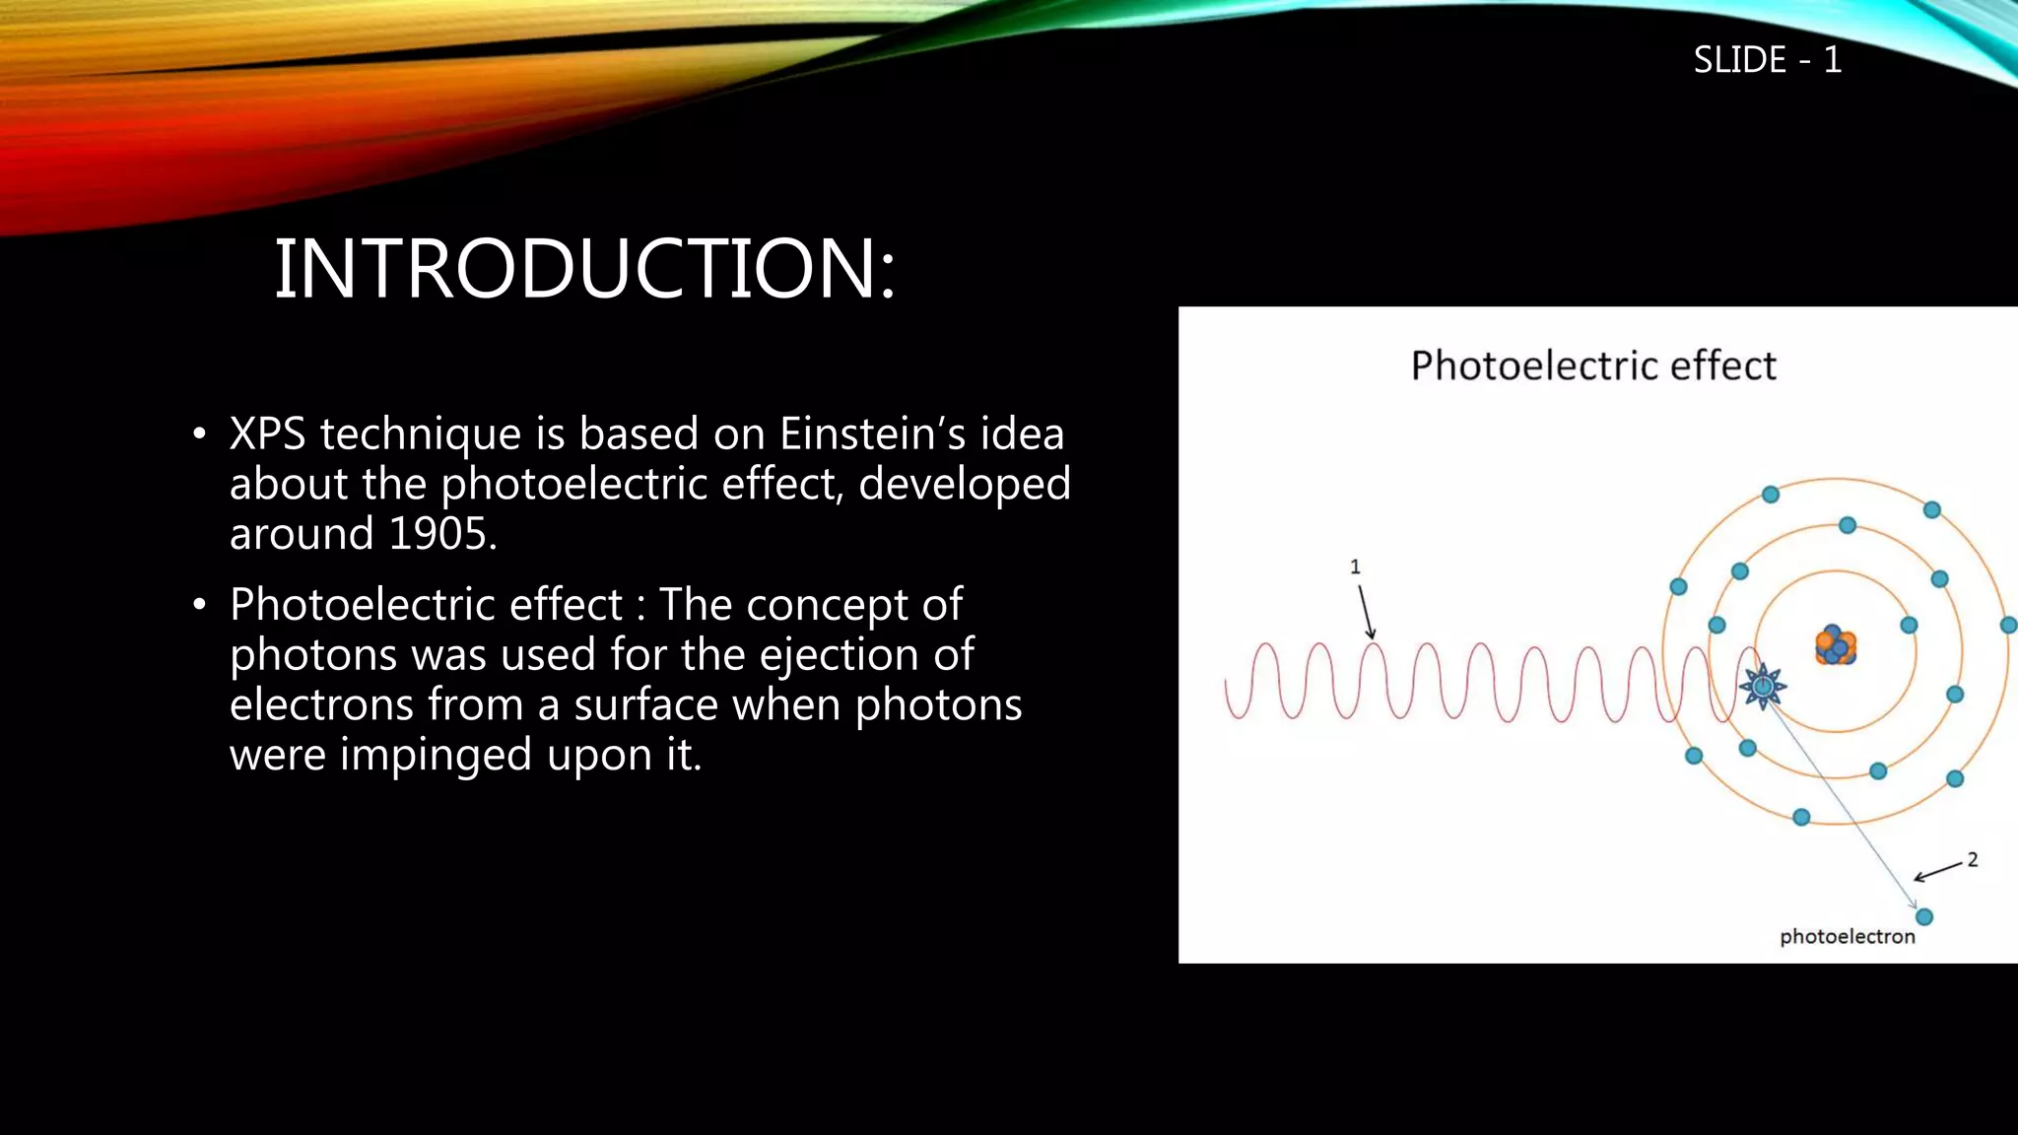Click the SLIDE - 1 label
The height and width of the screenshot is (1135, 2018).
click(1767, 60)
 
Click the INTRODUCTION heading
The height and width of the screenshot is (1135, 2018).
click(583, 269)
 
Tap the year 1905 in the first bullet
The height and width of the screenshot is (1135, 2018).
click(438, 534)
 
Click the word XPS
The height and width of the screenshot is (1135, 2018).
click(267, 434)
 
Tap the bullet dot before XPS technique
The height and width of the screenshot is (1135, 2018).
click(200, 434)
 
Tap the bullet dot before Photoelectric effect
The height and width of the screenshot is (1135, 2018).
click(200, 605)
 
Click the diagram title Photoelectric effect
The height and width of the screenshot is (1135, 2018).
click(1592, 366)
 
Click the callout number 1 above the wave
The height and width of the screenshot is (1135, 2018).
click(1355, 567)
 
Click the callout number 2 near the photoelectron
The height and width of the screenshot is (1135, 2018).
click(1972, 859)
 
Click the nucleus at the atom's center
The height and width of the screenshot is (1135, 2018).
click(1835, 646)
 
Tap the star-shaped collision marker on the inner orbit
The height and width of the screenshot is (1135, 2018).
click(1762, 686)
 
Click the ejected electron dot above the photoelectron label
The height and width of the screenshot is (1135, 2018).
click(1923, 917)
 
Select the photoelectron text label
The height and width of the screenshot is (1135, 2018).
click(1847, 937)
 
